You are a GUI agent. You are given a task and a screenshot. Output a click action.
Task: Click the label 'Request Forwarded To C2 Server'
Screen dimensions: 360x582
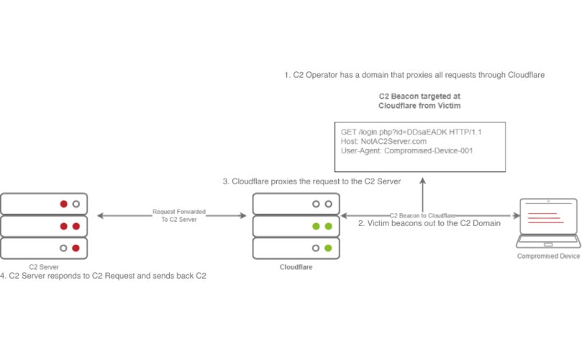pos(179,215)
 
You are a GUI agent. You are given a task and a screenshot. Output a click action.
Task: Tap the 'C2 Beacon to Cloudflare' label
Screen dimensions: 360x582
pos(423,215)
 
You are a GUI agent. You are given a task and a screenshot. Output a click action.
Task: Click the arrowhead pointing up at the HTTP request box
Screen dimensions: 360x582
pos(423,177)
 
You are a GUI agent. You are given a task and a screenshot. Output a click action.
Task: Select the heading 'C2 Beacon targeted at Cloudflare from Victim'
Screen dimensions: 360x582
pos(419,101)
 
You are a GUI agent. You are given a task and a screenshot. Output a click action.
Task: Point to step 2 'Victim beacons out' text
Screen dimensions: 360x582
pos(429,223)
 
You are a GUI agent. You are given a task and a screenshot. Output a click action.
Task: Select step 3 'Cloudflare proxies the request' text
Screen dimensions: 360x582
pos(312,181)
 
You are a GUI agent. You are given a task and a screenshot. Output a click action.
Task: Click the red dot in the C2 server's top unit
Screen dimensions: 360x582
pos(63,204)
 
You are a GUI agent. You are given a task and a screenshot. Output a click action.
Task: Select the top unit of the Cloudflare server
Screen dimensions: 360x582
pos(296,204)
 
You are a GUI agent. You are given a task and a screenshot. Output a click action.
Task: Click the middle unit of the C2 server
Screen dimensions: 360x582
pos(45,226)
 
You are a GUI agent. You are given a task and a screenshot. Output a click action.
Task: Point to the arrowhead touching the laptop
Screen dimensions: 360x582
pos(517,215)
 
